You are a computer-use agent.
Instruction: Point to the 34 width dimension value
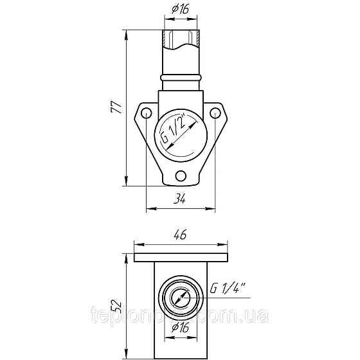pyautogui.click(x=181, y=200)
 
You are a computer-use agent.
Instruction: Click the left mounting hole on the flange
pyautogui.click(x=147, y=114)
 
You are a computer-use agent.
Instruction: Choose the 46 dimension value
pyautogui.click(x=180, y=235)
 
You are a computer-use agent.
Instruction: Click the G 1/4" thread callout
pyautogui.click(x=228, y=289)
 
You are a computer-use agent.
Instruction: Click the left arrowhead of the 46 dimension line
pyautogui.click(x=138, y=244)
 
